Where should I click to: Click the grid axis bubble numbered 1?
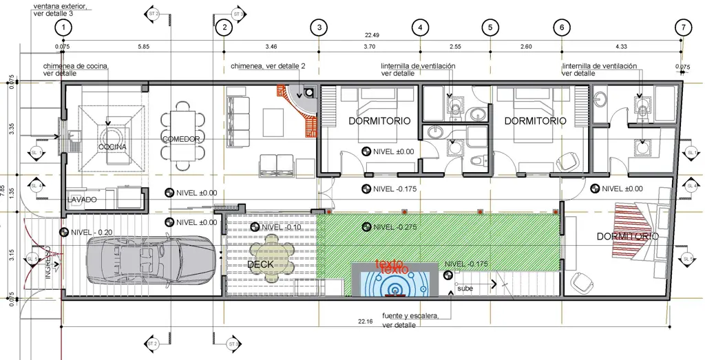(x=64, y=28)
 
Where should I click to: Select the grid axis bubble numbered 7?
(x=682, y=28)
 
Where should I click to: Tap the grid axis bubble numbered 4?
(x=421, y=28)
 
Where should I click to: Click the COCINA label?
(x=111, y=147)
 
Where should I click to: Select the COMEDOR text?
(x=181, y=139)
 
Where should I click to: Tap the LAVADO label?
(x=82, y=200)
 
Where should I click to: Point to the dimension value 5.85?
(x=143, y=47)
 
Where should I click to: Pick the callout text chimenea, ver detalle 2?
(x=267, y=66)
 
